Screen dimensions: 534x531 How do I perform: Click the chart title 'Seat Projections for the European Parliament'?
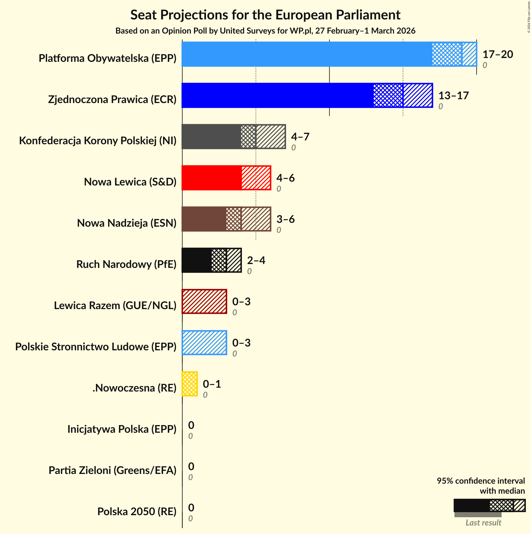(x=265, y=15)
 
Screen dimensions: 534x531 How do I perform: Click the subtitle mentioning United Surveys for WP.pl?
(x=265, y=31)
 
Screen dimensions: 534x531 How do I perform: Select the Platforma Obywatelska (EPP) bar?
(x=329, y=54)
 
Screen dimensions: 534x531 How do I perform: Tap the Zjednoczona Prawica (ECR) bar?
(x=307, y=95)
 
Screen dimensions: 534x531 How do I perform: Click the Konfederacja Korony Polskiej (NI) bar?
(x=233, y=137)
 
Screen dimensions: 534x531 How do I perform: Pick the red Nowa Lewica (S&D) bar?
(x=226, y=178)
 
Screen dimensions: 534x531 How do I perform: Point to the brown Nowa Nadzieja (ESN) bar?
(x=226, y=219)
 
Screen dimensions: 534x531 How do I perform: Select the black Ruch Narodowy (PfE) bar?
(x=211, y=260)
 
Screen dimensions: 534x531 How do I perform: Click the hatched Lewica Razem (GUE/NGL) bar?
(x=204, y=301)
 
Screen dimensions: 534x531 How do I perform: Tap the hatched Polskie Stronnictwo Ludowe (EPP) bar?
(x=204, y=343)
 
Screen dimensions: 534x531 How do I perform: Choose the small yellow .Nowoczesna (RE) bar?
(x=190, y=384)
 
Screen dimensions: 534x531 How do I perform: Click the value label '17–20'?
(x=498, y=54)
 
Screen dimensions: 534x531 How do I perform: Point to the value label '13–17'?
(x=454, y=95)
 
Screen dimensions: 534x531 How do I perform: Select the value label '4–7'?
(x=300, y=137)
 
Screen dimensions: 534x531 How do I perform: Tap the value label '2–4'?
(x=256, y=260)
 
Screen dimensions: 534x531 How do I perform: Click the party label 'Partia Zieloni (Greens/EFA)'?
(x=112, y=470)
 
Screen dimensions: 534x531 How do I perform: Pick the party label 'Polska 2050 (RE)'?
(x=137, y=512)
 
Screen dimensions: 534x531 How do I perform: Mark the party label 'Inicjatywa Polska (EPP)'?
(x=122, y=429)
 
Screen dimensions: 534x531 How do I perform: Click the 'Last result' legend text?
(x=483, y=523)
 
